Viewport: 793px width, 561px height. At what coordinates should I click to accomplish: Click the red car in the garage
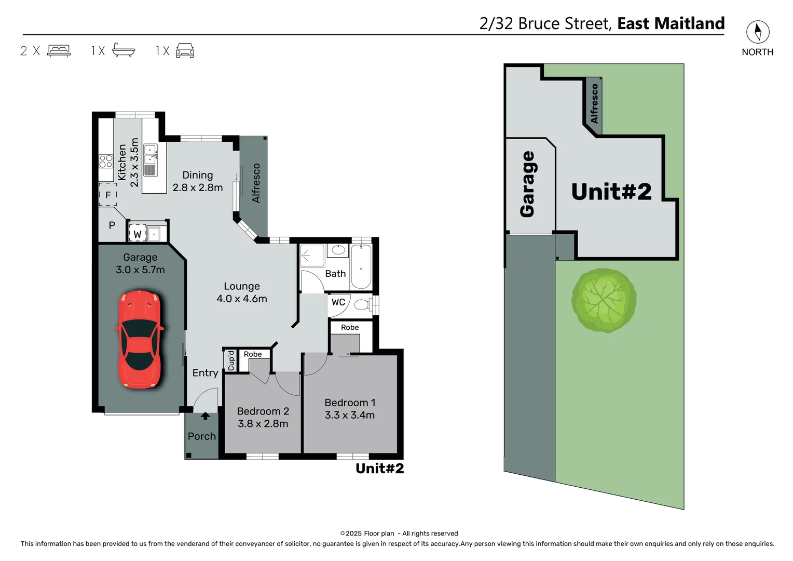(x=139, y=340)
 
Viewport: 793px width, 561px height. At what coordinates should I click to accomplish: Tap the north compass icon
(x=757, y=32)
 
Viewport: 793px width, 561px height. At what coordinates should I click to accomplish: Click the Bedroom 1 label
(x=349, y=403)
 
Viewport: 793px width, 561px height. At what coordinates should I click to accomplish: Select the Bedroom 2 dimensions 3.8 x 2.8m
(x=263, y=424)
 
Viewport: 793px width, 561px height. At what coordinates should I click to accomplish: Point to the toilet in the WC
(x=363, y=304)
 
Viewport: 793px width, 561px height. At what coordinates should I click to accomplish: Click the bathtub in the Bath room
(x=361, y=267)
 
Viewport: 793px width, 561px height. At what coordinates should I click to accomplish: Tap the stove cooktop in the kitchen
(x=106, y=161)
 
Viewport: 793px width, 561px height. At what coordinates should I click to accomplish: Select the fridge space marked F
(x=108, y=195)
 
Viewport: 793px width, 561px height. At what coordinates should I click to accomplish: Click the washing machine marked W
(x=137, y=234)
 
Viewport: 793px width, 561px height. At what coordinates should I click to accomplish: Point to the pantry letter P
(x=112, y=226)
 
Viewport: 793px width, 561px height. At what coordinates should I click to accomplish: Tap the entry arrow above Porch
(x=206, y=416)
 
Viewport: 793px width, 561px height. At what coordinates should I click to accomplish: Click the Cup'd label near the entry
(x=231, y=360)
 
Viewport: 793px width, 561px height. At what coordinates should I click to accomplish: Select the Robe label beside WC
(x=350, y=327)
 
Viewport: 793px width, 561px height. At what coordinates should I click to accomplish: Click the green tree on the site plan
(x=604, y=300)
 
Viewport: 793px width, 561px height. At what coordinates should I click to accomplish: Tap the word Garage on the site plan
(x=527, y=184)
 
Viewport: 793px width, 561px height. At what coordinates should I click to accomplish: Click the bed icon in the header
(x=59, y=50)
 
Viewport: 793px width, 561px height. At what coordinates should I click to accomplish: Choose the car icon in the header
(x=185, y=50)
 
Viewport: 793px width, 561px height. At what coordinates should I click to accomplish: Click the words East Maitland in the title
(x=671, y=23)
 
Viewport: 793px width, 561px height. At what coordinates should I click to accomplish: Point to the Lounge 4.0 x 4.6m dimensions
(x=241, y=299)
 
